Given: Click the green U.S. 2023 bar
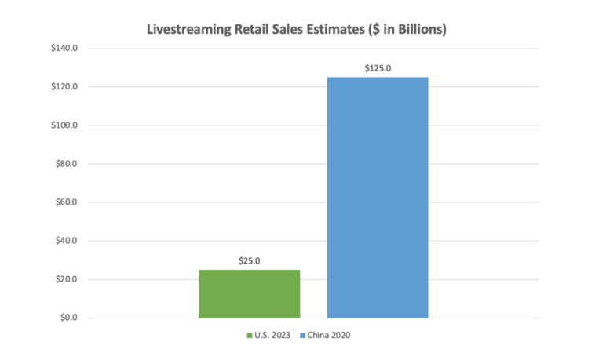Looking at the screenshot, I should [249, 293].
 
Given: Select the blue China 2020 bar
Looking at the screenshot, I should [377, 197].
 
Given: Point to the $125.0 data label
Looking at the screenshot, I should [378, 68].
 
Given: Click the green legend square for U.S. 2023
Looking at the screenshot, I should [250, 336].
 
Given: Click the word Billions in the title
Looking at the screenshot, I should [420, 31].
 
